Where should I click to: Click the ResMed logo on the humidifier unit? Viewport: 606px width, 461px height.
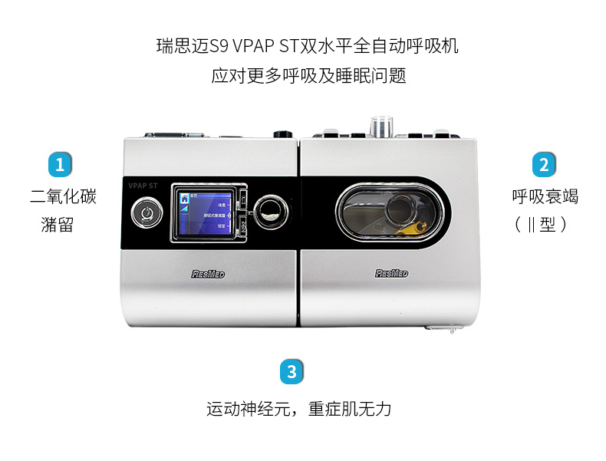point(391,272)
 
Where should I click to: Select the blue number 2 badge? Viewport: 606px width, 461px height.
point(544,164)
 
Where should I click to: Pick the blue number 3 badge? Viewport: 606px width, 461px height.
point(291,372)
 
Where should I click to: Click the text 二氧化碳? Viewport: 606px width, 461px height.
point(63,197)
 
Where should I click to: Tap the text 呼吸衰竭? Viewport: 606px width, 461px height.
point(545,197)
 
